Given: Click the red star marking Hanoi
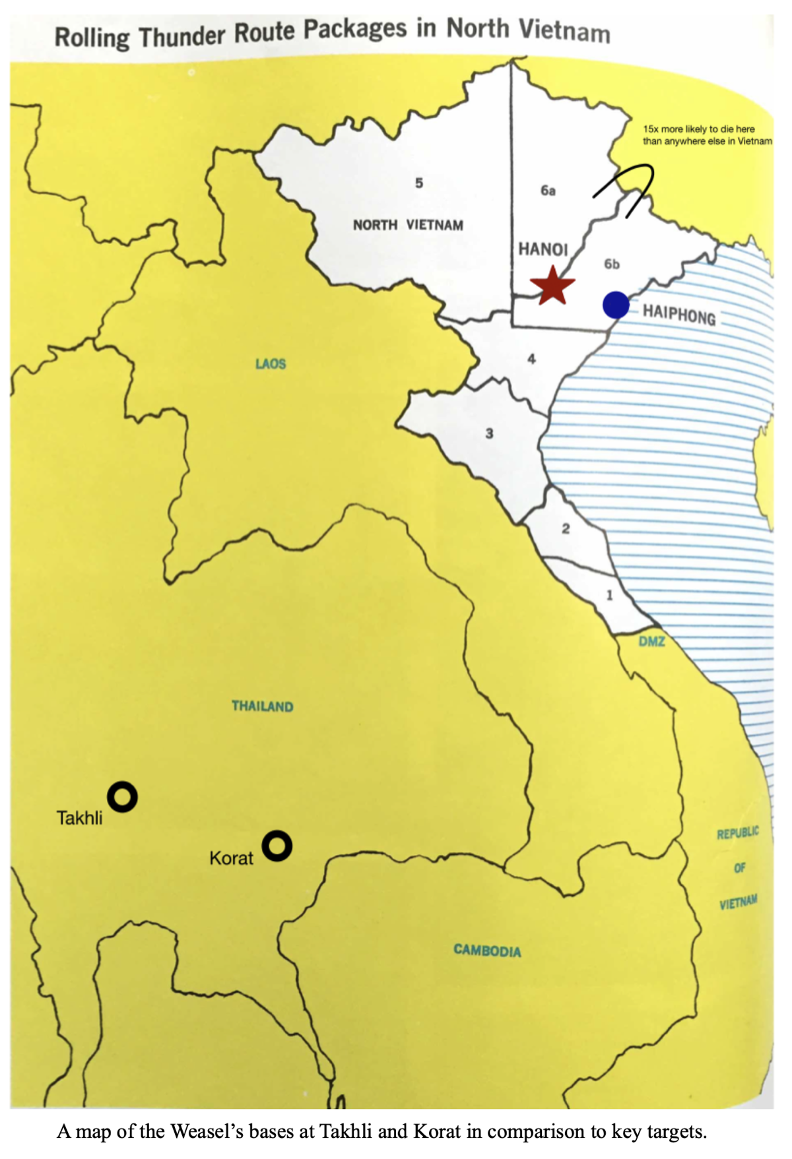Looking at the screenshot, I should coord(552,286).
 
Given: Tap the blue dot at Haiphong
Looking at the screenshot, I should coord(616,305).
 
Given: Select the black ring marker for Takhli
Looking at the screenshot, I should coord(122,797).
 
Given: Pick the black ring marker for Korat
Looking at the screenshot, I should coord(277,846).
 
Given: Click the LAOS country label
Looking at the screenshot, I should coord(271,363).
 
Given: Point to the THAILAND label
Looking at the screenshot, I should coord(262,706).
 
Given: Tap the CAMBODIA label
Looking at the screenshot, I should coord(487,951).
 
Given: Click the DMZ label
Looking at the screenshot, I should coord(651,641).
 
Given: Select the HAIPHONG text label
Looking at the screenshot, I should coord(679,315).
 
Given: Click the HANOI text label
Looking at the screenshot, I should coord(543,249).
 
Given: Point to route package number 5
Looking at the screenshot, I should coord(418,183).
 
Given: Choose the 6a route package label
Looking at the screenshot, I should coord(548,191).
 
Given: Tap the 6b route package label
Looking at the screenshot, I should coord(612,264).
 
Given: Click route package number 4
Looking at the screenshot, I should coord(531,359).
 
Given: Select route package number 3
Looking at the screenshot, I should coord(489,433).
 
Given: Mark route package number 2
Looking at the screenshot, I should coord(566,528).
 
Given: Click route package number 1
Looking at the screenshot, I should coord(609,595).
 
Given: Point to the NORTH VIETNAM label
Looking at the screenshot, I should coord(408,225).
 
